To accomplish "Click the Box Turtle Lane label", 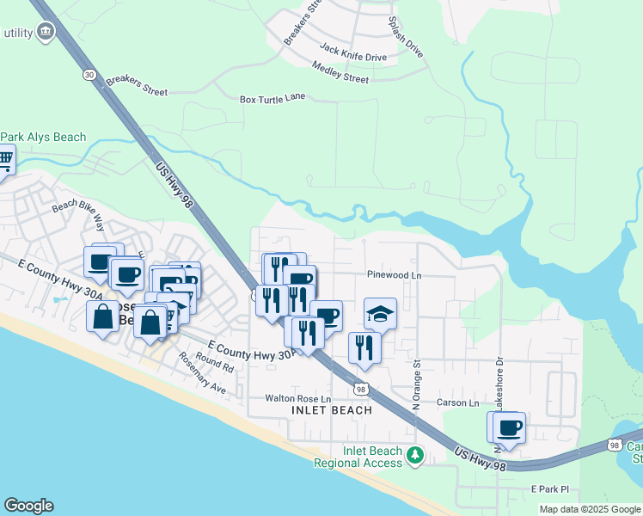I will click(273, 100).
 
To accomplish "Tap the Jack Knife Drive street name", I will click(353, 53).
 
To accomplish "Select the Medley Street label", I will click(340, 72).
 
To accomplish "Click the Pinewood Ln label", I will click(395, 276).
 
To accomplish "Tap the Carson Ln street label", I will click(457, 402).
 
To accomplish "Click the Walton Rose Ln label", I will click(297, 399).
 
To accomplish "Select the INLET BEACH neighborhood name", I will click(332, 410).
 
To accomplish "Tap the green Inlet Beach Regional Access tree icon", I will click(416, 454).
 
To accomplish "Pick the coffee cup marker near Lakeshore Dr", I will click(509, 427).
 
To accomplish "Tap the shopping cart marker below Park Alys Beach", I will click(5, 159).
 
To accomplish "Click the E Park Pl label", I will click(549, 489).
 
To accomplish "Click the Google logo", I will click(28, 506).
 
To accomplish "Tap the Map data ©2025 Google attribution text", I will click(589, 509).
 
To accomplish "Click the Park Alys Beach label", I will click(43, 138).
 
